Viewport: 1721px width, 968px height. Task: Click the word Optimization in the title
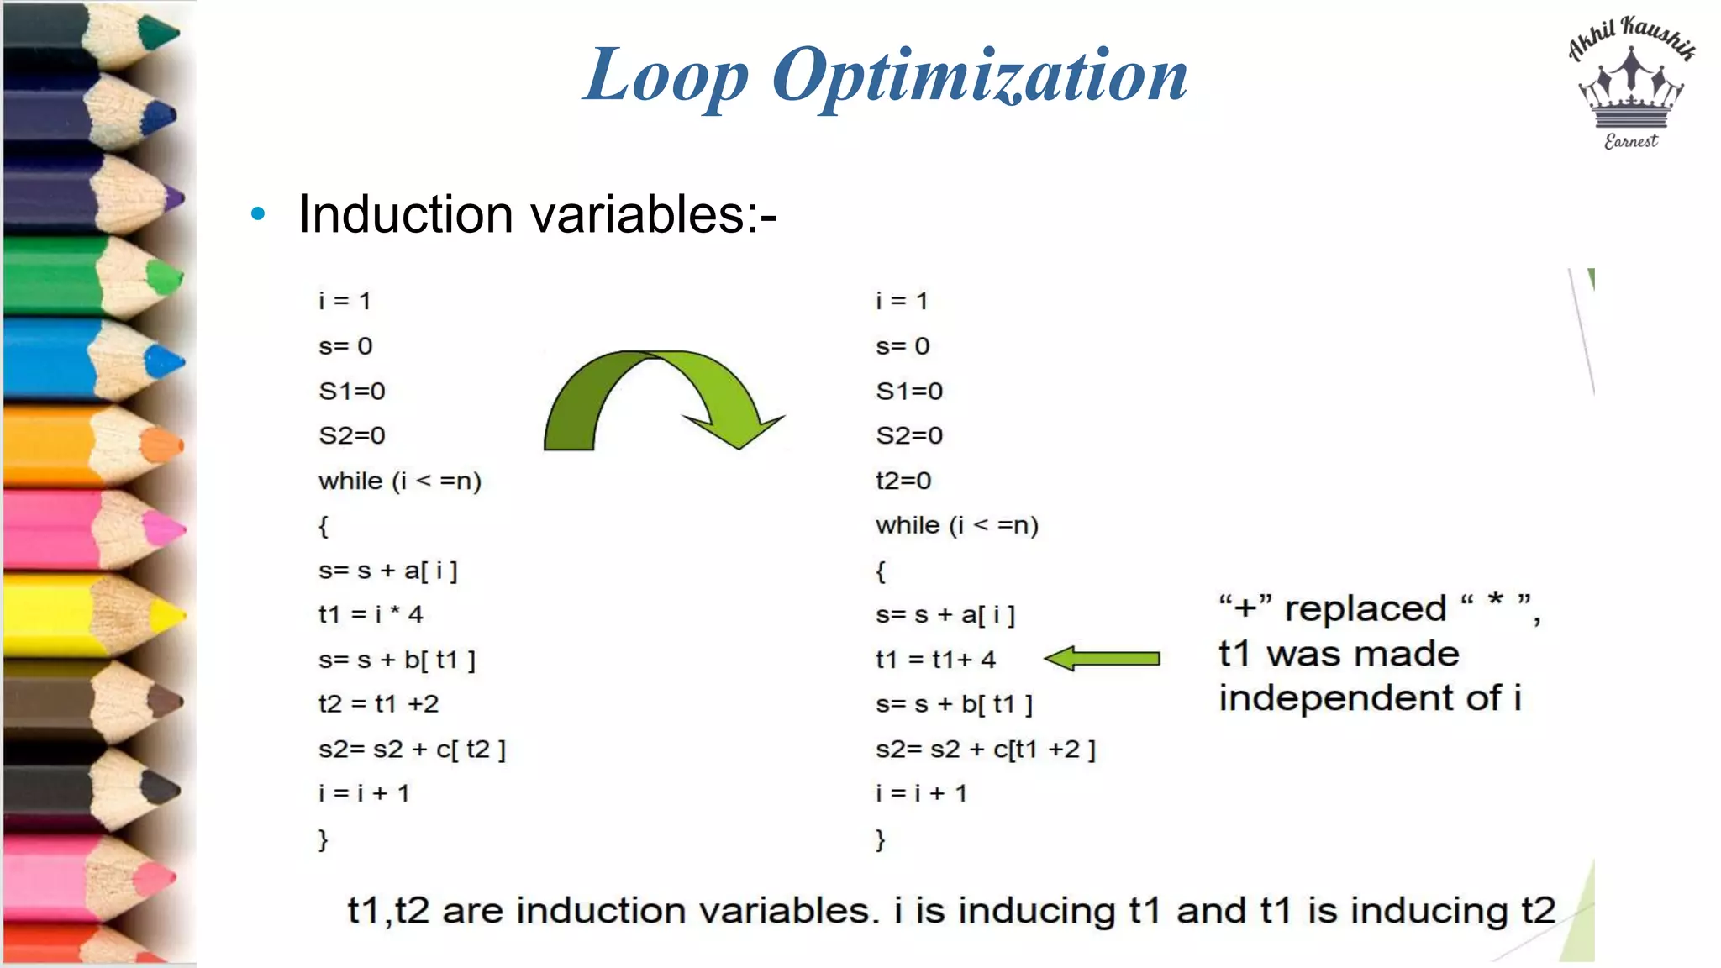click(979, 76)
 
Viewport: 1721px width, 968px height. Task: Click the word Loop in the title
click(666, 76)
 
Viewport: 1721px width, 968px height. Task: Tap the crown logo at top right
click(1630, 88)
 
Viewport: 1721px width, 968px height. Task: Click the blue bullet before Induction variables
click(258, 214)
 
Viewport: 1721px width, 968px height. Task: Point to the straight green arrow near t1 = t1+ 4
click(1102, 658)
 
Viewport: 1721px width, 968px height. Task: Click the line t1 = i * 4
click(370, 614)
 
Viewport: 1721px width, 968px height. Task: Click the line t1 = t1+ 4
click(934, 660)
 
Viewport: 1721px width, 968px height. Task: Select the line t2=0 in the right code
click(903, 481)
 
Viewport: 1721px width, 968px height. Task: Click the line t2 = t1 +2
click(378, 703)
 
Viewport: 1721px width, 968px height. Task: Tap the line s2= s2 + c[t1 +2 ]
click(985, 749)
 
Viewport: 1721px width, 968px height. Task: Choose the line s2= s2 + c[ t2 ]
click(412, 749)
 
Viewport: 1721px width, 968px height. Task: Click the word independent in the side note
click(1359, 698)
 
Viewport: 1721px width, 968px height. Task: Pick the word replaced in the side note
click(1365, 608)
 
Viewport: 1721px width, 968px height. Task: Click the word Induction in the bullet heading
click(405, 214)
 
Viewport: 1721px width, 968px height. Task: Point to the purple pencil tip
click(174, 199)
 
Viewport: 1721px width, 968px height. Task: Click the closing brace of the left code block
click(323, 839)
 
